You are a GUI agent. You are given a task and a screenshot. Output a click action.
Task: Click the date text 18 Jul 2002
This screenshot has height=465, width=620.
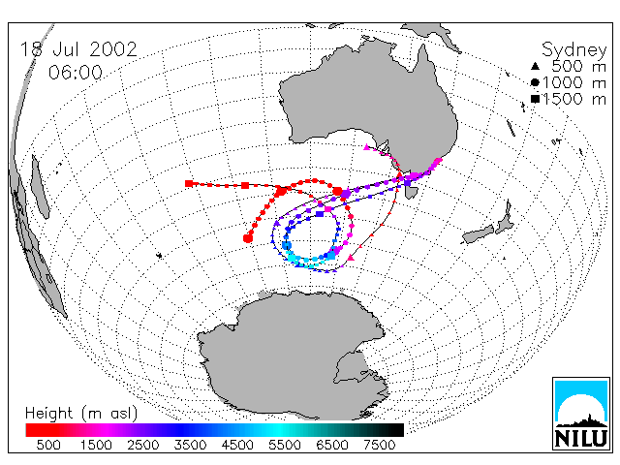pyautogui.click(x=78, y=49)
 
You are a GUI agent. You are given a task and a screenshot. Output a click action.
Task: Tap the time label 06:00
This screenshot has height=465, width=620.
pyautogui.click(x=76, y=73)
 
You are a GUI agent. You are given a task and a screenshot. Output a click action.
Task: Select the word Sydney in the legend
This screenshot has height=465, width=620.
pyautogui.click(x=573, y=50)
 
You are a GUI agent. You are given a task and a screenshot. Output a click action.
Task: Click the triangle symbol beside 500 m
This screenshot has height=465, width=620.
pyautogui.click(x=535, y=66)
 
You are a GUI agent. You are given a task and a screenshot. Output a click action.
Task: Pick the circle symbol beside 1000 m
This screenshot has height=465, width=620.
pyautogui.click(x=535, y=82)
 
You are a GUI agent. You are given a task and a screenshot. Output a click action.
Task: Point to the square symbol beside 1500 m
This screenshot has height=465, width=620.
pyautogui.click(x=535, y=99)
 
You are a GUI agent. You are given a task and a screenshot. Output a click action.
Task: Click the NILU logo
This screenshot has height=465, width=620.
pyautogui.click(x=581, y=414)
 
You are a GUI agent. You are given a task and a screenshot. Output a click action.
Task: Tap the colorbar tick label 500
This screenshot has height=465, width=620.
pyautogui.click(x=48, y=445)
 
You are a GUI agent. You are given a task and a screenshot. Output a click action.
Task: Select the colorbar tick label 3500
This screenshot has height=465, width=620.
pyautogui.click(x=190, y=445)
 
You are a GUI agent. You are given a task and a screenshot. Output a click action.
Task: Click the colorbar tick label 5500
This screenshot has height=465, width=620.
pyautogui.click(x=284, y=445)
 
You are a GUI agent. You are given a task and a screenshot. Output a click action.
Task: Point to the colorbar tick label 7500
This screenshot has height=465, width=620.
pyautogui.click(x=379, y=445)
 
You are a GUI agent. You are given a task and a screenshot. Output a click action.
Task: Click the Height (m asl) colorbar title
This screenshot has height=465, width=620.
pyautogui.click(x=81, y=414)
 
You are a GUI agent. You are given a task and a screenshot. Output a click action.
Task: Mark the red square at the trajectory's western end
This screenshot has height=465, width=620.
pyautogui.click(x=189, y=183)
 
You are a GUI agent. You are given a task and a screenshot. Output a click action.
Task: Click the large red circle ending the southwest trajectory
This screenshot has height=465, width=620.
pyautogui.click(x=248, y=238)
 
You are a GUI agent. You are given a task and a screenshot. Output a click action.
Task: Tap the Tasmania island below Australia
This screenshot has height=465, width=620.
pyautogui.click(x=412, y=193)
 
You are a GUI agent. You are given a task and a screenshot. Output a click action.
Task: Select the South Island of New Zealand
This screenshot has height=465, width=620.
pyautogui.click(x=479, y=234)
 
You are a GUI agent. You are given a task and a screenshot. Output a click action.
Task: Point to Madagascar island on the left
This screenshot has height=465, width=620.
pyautogui.click(x=41, y=187)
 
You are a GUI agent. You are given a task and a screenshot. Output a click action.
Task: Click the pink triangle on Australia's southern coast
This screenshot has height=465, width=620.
pyautogui.click(x=366, y=147)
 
